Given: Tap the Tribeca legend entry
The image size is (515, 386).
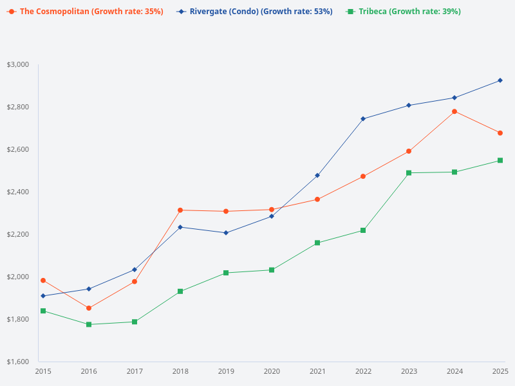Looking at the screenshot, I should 403,12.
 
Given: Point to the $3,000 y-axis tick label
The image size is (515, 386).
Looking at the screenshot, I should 18,64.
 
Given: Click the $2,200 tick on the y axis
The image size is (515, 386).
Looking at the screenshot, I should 18,234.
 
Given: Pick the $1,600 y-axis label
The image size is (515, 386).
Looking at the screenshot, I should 18,362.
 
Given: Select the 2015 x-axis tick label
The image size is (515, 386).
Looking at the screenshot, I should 43,371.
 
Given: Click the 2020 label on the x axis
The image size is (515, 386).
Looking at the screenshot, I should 272,371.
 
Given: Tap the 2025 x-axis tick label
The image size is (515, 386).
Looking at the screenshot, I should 500,371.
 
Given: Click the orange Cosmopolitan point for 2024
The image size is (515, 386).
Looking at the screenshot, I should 454,111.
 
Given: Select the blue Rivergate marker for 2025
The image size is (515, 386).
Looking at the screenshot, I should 500,80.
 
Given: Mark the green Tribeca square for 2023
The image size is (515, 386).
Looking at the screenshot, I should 409,173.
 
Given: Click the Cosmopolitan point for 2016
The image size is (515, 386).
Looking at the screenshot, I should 89,308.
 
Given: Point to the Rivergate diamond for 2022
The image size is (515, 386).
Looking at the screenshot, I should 363,118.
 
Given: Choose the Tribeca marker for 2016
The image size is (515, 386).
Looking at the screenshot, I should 89,324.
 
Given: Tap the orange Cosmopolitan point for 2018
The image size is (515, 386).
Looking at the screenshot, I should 180,210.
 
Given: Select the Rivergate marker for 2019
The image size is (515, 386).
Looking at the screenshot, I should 226,233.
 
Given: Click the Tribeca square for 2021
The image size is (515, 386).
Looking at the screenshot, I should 317,243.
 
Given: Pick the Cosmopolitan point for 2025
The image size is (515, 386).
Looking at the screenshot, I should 500,133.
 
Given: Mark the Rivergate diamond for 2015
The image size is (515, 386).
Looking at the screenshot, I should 43,296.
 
